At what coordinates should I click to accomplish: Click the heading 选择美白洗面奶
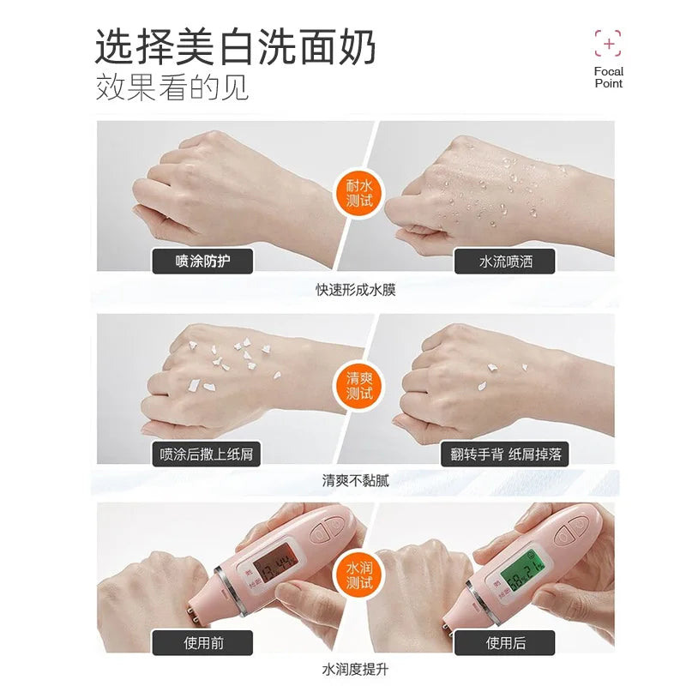click(235, 47)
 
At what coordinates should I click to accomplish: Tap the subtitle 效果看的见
click(172, 87)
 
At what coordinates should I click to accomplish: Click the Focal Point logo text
click(609, 77)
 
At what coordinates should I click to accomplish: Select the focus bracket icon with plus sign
click(608, 44)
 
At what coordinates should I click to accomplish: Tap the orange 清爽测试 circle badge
click(359, 385)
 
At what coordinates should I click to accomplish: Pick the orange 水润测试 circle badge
click(359, 575)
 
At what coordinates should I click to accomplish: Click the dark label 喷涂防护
click(202, 262)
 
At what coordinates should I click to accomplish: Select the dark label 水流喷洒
click(505, 262)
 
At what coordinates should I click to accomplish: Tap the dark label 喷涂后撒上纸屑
click(206, 454)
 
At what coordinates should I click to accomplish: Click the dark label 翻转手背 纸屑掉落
click(505, 454)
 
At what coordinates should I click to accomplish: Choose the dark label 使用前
click(202, 642)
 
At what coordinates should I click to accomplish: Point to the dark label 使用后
click(505, 642)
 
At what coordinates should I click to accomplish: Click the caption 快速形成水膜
click(356, 290)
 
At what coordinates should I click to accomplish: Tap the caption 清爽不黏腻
click(356, 481)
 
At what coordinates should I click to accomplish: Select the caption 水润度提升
click(356, 670)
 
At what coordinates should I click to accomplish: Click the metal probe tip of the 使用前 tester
click(196, 611)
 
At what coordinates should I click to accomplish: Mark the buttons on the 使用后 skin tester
click(575, 527)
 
